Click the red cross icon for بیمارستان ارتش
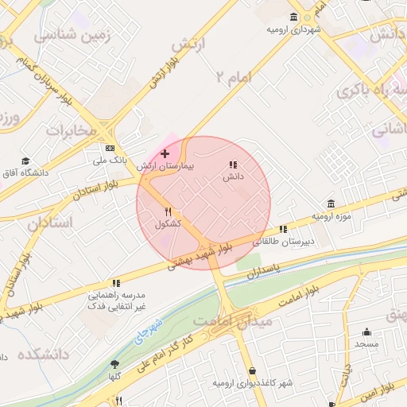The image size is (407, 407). click(165, 153)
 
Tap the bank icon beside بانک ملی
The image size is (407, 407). click(110, 148)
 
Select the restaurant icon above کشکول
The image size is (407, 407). click(168, 212)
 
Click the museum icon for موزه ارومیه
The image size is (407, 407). click(331, 204)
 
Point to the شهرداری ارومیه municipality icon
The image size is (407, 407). click(294, 17)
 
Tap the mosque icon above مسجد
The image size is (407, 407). click(366, 332)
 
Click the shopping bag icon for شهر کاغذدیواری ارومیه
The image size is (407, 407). click(252, 371)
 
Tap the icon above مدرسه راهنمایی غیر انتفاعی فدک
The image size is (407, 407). click(116, 282)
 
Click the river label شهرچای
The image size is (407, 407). click(147, 330)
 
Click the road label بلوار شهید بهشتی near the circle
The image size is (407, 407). click(199, 257)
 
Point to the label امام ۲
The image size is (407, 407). click(233, 76)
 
